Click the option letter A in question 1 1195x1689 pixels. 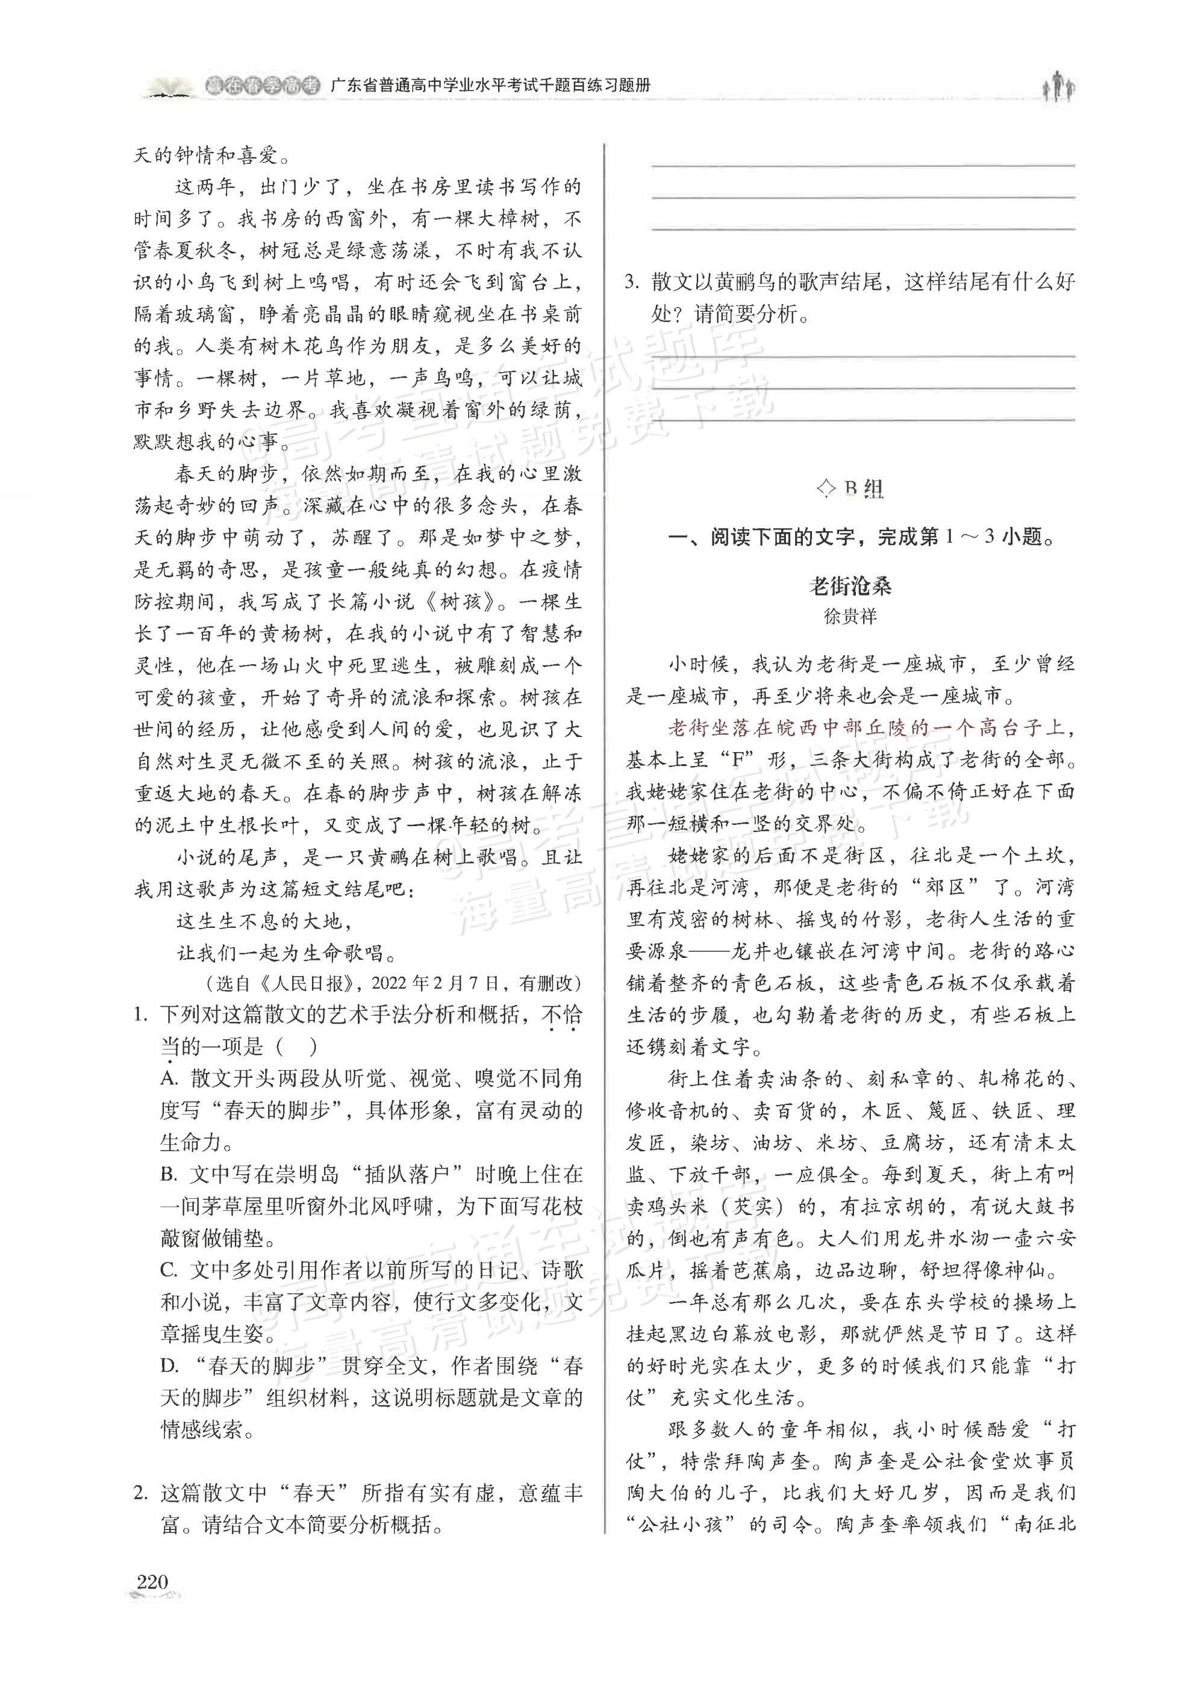point(169,1078)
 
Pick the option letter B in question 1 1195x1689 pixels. point(169,1175)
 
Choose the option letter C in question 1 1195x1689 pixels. point(169,1271)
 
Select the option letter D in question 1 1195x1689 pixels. point(169,1366)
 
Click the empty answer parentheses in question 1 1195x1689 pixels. point(298,1046)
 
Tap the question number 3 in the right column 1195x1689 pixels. point(631,282)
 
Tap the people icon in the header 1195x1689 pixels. point(1059,86)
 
